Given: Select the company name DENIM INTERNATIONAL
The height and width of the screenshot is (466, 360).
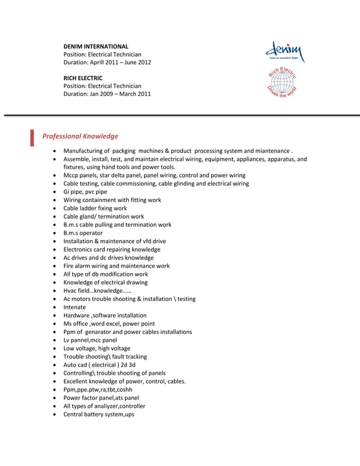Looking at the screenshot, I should (x=95, y=46).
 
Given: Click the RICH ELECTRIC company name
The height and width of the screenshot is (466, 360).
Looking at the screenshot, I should (x=82, y=77).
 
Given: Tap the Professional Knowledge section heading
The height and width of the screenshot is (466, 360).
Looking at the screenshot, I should (x=80, y=136).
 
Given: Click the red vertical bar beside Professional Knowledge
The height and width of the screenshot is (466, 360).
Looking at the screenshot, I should (x=32, y=137).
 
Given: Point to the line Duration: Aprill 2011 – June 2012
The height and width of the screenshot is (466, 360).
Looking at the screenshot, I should (x=107, y=62).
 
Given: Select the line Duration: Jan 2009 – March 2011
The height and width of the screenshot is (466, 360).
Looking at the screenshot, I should (x=107, y=94).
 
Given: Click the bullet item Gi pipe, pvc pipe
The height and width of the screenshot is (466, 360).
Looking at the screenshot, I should (x=85, y=192).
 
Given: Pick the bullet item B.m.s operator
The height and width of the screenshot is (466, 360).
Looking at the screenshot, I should (x=83, y=233).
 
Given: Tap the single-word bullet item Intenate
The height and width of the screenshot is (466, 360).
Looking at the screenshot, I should (x=74, y=307).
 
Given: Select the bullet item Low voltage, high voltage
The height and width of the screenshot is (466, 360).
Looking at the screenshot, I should (x=96, y=348).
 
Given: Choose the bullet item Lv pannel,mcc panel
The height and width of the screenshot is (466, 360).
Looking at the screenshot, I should (x=90, y=340).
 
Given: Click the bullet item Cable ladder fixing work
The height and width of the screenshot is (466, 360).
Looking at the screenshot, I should (x=95, y=208).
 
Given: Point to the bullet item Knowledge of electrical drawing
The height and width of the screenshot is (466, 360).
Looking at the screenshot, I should (x=106, y=282).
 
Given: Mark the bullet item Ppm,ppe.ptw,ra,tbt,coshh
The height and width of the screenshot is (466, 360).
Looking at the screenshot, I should (x=98, y=389).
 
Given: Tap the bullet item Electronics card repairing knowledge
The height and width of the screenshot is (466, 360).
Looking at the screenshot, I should (x=112, y=249).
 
